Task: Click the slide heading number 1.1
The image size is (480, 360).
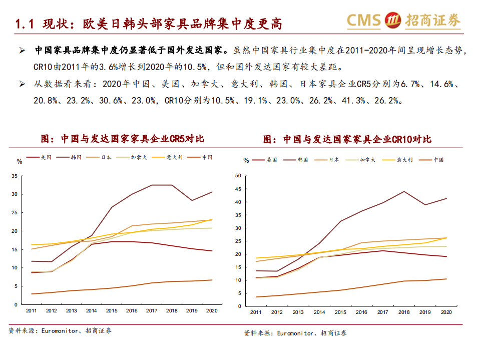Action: pyautogui.click(x=25, y=24)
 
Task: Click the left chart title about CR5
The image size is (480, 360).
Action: pyautogui.click(x=122, y=139)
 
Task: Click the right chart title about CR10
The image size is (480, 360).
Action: pyautogui.click(x=347, y=139)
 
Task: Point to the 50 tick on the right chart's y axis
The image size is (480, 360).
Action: pyautogui.click(x=238, y=176)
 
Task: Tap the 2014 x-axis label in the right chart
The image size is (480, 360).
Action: pyautogui.click(x=319, y=312)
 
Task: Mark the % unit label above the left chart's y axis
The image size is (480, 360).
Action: pyautogui.click(x=20, y=161)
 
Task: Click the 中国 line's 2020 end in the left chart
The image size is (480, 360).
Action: pyautogui.click(x=212, y=280)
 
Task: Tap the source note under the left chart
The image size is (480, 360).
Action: pyautogui.click(x=60, y=330)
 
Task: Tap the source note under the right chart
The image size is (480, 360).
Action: pyautogui.click(x=295, y=333)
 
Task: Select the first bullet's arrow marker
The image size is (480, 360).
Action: pyautogui.click(x=22, y=51)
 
